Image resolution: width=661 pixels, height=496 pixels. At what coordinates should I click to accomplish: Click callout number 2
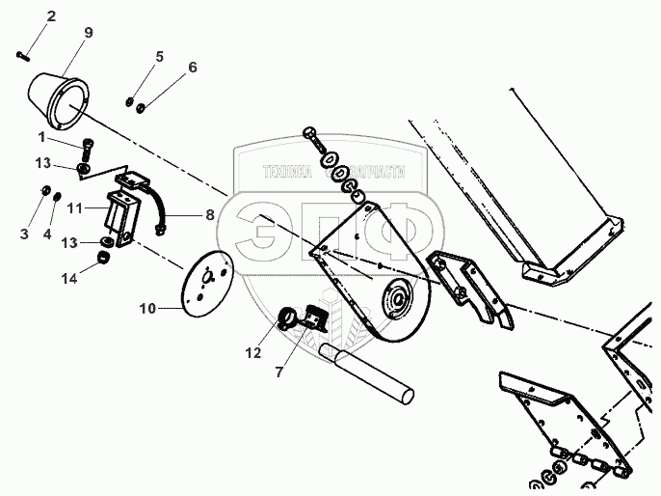(51, 16)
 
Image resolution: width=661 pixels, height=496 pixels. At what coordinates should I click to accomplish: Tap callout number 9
(88, 33)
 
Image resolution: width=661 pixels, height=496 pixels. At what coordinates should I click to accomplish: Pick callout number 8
(210, 216)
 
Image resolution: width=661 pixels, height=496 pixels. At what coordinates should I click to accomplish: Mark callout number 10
(147, 309)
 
